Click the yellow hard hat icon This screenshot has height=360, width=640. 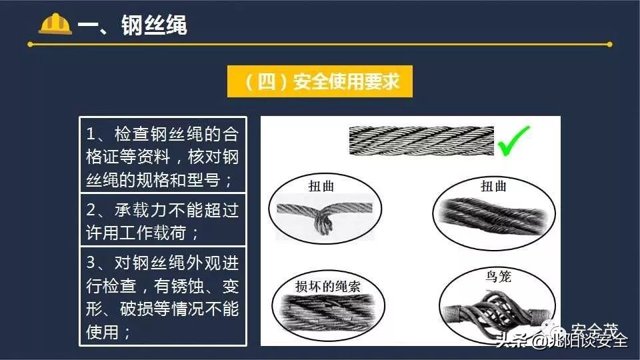pyautogui.click(x=55, y=25)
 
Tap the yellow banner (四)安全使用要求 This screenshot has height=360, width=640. pyautogui.click(x=320, y=82)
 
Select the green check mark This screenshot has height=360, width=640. pyautogui.click(x=513, y=141)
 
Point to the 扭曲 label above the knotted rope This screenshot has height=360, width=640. pyautogui.click(x=321, y=186)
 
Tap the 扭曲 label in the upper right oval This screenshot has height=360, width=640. pyautogui.click(x=493, y=186)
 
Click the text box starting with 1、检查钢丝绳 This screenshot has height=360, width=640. pyautogui.click(x=163, y=157)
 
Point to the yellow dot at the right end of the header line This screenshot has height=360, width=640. pyautogui.click(x=609, y=45)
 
